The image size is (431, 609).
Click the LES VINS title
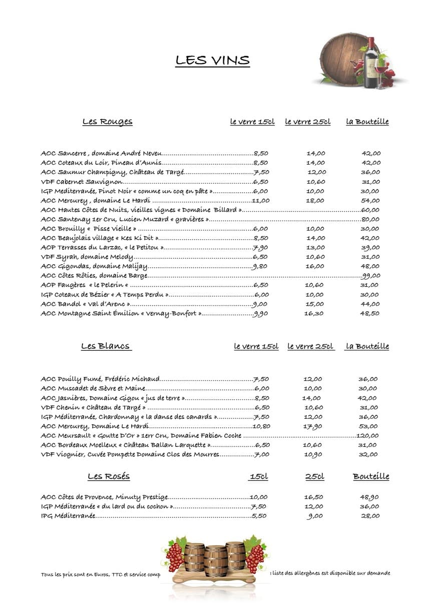coord(212,61)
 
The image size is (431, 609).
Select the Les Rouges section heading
coord(107,122)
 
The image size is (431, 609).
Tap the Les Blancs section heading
coord(106,346)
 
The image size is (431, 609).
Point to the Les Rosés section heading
coord(109,476)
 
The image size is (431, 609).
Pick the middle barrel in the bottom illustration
coord(215,561)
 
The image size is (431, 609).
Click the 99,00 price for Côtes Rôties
coord(371,276)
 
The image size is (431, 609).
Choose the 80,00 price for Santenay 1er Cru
coord(370,219)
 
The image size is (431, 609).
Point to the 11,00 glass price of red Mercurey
coord(260,201)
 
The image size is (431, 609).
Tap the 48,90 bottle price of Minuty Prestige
coord(369,497)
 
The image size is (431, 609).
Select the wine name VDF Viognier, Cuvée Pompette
coord(130,454)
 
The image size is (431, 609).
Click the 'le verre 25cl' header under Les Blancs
coord(310,346)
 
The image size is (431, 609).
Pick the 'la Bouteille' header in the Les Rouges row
coord(367,122)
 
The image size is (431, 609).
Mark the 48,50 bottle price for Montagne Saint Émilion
coord(370,313)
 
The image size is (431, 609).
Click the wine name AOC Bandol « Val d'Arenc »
coord(86,304)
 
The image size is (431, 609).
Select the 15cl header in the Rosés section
coord(258,477)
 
